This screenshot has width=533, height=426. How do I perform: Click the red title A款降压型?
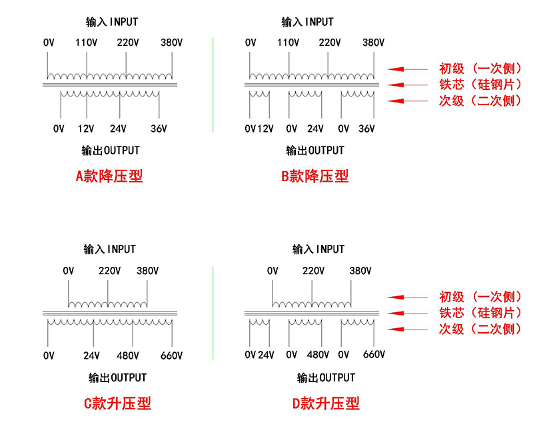(x=109, y=176)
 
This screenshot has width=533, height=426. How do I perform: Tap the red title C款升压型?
(x=117, y=403)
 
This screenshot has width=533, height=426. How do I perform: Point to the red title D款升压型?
(x=326, y=403)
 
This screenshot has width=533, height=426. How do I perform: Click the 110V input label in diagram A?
(x=87, y=43)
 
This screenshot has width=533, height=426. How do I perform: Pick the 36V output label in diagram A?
(x=159, y=128)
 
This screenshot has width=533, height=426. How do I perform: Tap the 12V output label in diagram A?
(x=85, y=128)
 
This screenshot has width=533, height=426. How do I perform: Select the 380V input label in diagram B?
(x=374, y=43)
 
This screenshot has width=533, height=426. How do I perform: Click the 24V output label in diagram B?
(x=315, y=128)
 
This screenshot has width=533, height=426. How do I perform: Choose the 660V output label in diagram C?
(x=171, y=355)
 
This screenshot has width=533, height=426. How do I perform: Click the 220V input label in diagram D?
(x=313, y=271)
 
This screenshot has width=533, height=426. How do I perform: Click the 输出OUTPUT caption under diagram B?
(x=315, y=150)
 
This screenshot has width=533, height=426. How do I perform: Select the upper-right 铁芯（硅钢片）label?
(x=479, y=85)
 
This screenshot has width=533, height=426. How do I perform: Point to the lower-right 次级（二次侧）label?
(x=479, y=329)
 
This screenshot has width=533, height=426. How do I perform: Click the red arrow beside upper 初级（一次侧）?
(x=408, y=68)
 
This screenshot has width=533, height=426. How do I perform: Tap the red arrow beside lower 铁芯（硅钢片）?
(x=408, y=313)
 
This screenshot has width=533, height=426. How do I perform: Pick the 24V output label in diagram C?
(x=91, y=355)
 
